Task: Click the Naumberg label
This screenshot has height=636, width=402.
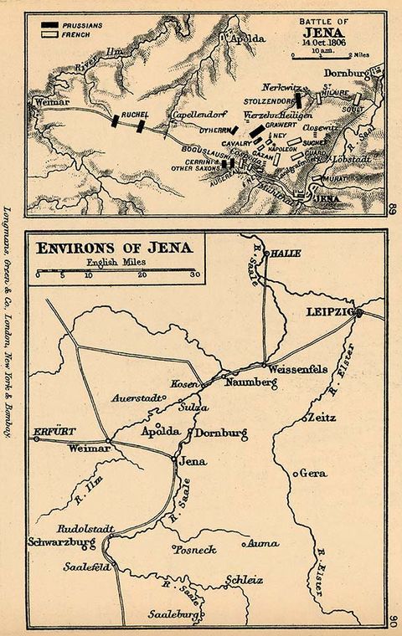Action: click(250, 382)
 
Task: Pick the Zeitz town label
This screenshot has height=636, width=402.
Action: click(322, 417)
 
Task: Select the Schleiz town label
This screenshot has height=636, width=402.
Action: click(245, 579)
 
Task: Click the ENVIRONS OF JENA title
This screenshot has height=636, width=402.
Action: click(111, 248)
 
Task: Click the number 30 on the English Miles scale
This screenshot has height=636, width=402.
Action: click(193, 274)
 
